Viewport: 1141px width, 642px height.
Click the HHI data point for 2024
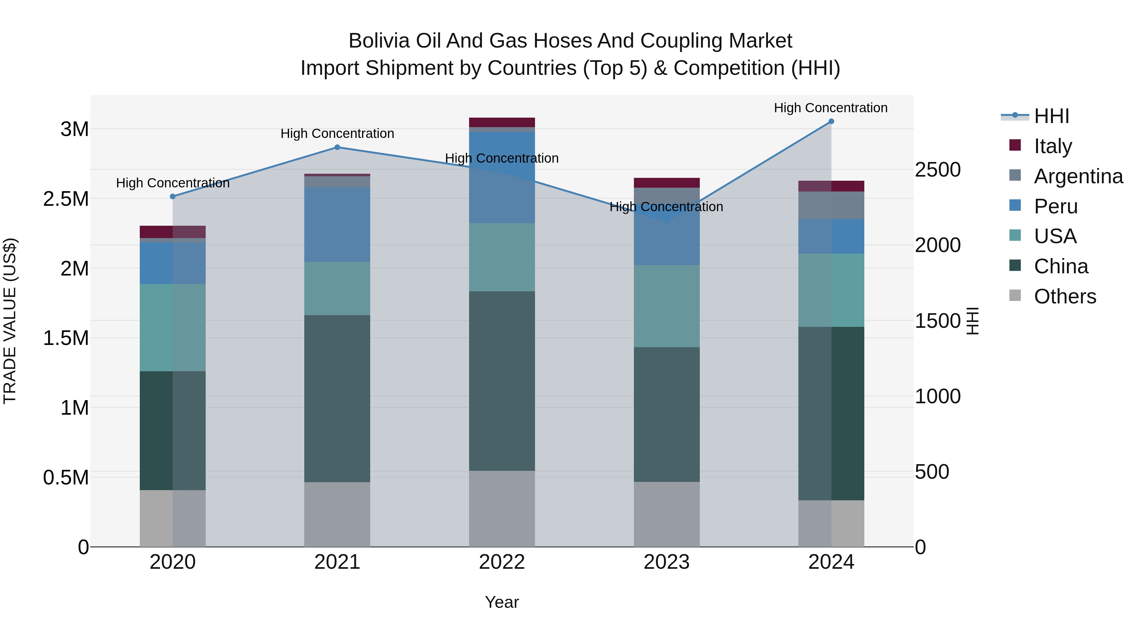point(831,121)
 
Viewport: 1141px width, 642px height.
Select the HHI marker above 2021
point(337,147)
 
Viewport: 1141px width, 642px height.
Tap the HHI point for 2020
point(173,196)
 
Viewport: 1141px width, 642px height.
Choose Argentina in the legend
point(1078,176)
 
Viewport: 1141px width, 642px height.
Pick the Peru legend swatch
point(1015,205)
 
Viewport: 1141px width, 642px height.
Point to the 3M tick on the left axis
point(74,129)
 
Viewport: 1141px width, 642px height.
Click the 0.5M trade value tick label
point(66,477)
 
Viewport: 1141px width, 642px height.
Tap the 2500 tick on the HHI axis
point(938,170)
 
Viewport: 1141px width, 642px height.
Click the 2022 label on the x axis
point(502,562)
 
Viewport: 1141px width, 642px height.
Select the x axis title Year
point(502,602)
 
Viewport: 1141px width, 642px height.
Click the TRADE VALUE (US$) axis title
point(10,321)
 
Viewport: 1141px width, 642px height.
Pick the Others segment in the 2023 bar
point(667,514)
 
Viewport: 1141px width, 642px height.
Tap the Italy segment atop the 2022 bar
point(502,122)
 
